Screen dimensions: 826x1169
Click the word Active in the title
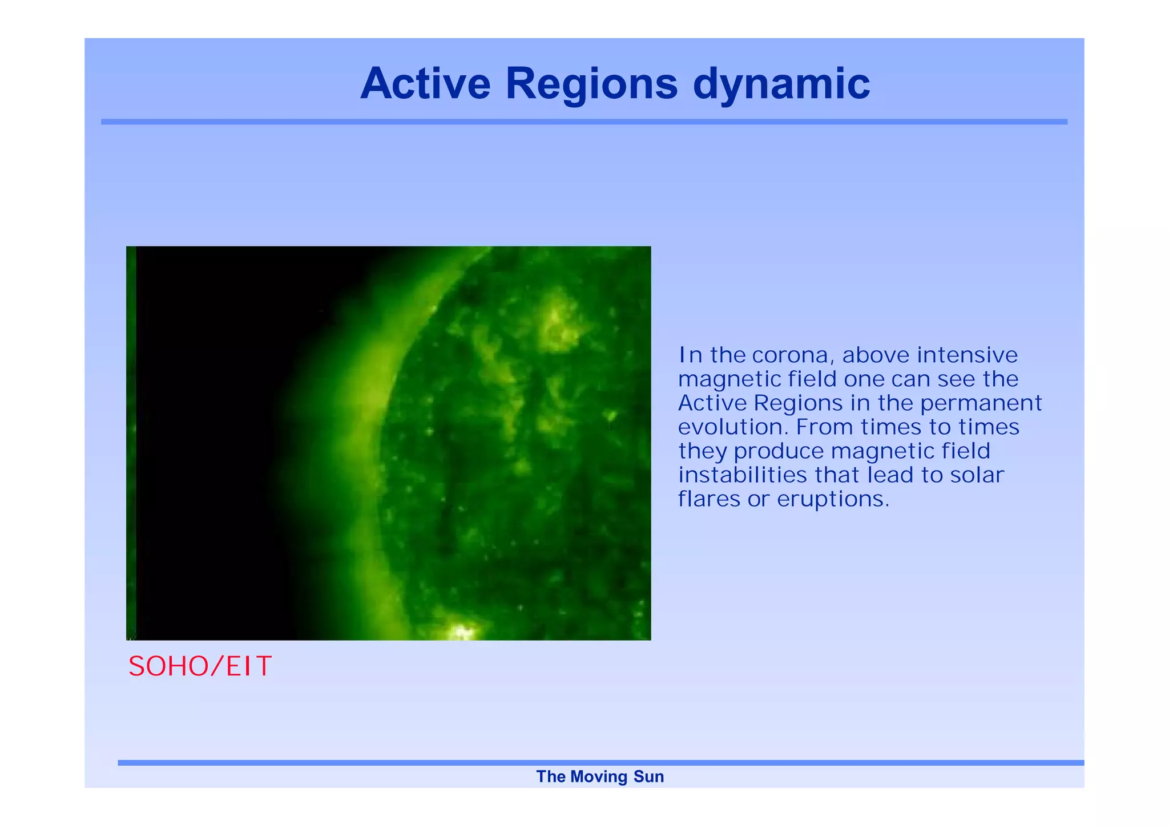[425, 84]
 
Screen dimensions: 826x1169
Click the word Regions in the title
[591, 84]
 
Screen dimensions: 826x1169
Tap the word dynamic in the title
[781, 84]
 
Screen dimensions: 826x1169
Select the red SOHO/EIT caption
[200, 666]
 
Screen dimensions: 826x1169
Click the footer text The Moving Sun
[600, 776]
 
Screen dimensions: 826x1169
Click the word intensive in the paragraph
[967, 355]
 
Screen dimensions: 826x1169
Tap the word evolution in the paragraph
[733, 427]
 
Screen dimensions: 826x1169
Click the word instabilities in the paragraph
[742, 475]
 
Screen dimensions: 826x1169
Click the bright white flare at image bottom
[461, 631]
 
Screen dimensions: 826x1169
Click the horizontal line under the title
[584, 122]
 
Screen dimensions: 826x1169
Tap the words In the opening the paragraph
[690, 355]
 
